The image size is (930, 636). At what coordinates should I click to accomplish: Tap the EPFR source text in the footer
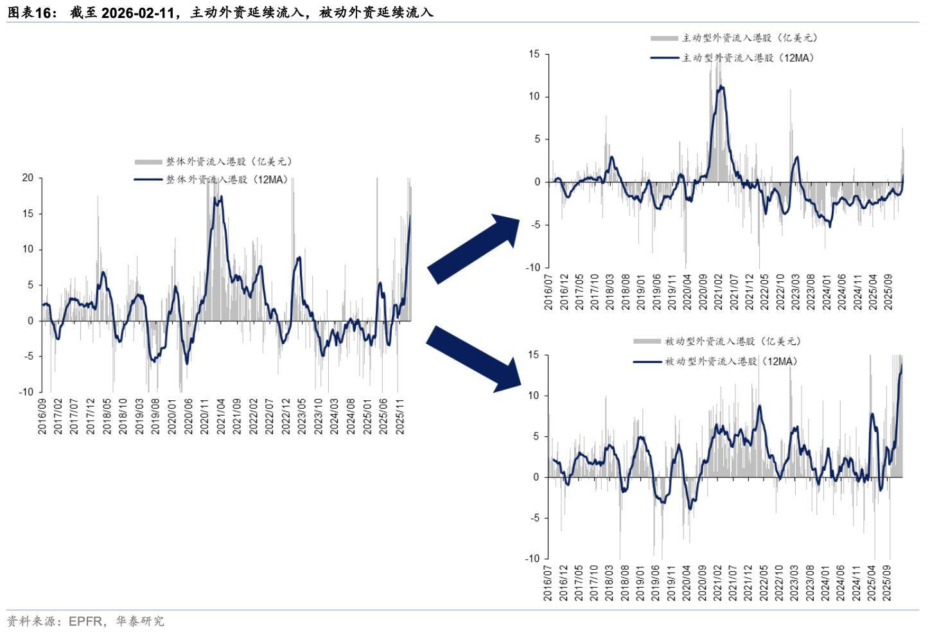(85, 621)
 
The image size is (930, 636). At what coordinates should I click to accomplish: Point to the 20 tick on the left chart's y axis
(28, 178)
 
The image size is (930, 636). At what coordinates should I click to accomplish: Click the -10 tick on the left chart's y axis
(26, 392)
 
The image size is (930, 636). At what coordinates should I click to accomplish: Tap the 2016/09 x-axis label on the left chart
(42, 416)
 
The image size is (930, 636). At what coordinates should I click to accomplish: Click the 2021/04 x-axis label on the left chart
(221, 416)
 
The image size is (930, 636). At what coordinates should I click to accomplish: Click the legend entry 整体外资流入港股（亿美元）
(229, 161)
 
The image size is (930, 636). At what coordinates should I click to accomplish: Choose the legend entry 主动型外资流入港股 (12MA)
(748, 58)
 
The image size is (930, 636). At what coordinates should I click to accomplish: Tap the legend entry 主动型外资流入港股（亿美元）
(750, 38)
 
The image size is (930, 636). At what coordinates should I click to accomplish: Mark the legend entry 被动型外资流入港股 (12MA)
(731, 362)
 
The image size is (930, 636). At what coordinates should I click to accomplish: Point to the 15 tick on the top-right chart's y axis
(534, 54)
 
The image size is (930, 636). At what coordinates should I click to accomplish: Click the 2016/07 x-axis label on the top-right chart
(548, 292)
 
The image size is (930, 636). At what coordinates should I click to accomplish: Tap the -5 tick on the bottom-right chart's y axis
(534, 518)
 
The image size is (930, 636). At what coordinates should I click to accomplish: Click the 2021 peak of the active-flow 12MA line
(721, 86)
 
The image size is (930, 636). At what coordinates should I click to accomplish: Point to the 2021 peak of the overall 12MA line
(221, 197)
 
